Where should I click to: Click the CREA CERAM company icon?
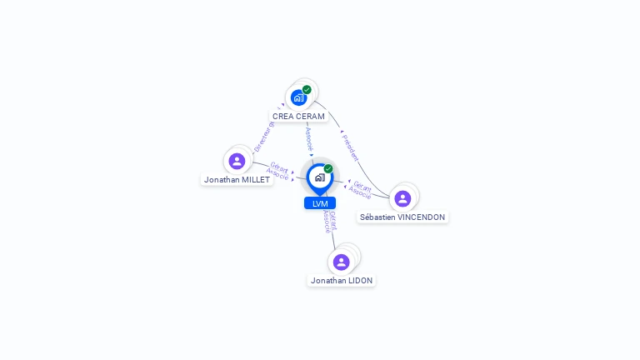click(298, 97)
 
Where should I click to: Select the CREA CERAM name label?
click(298, 117)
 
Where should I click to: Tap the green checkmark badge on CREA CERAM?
click(307, 89)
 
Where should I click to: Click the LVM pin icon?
click(319, 177)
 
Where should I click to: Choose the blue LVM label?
click(320, 203)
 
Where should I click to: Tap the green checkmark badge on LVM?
click(328, 169)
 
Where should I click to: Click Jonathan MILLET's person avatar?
click(237, 161)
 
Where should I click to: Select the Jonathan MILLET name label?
click(237, 179)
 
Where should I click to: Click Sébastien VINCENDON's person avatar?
click(402, 198)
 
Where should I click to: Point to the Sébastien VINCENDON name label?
click(402, 217)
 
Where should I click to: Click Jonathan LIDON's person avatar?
click(341, 262)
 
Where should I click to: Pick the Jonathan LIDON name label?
click(342, 281)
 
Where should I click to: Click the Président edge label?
click(351, 147)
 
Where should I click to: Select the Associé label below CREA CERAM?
click(309, 137)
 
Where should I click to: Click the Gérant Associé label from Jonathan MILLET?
click(277, 171)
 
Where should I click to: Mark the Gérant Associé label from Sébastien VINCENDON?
click(361, 190)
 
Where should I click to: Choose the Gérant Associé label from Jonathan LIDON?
click(330, 222)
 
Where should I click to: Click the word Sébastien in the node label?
click(377, 217)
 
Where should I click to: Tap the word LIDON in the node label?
click(360, 281)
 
